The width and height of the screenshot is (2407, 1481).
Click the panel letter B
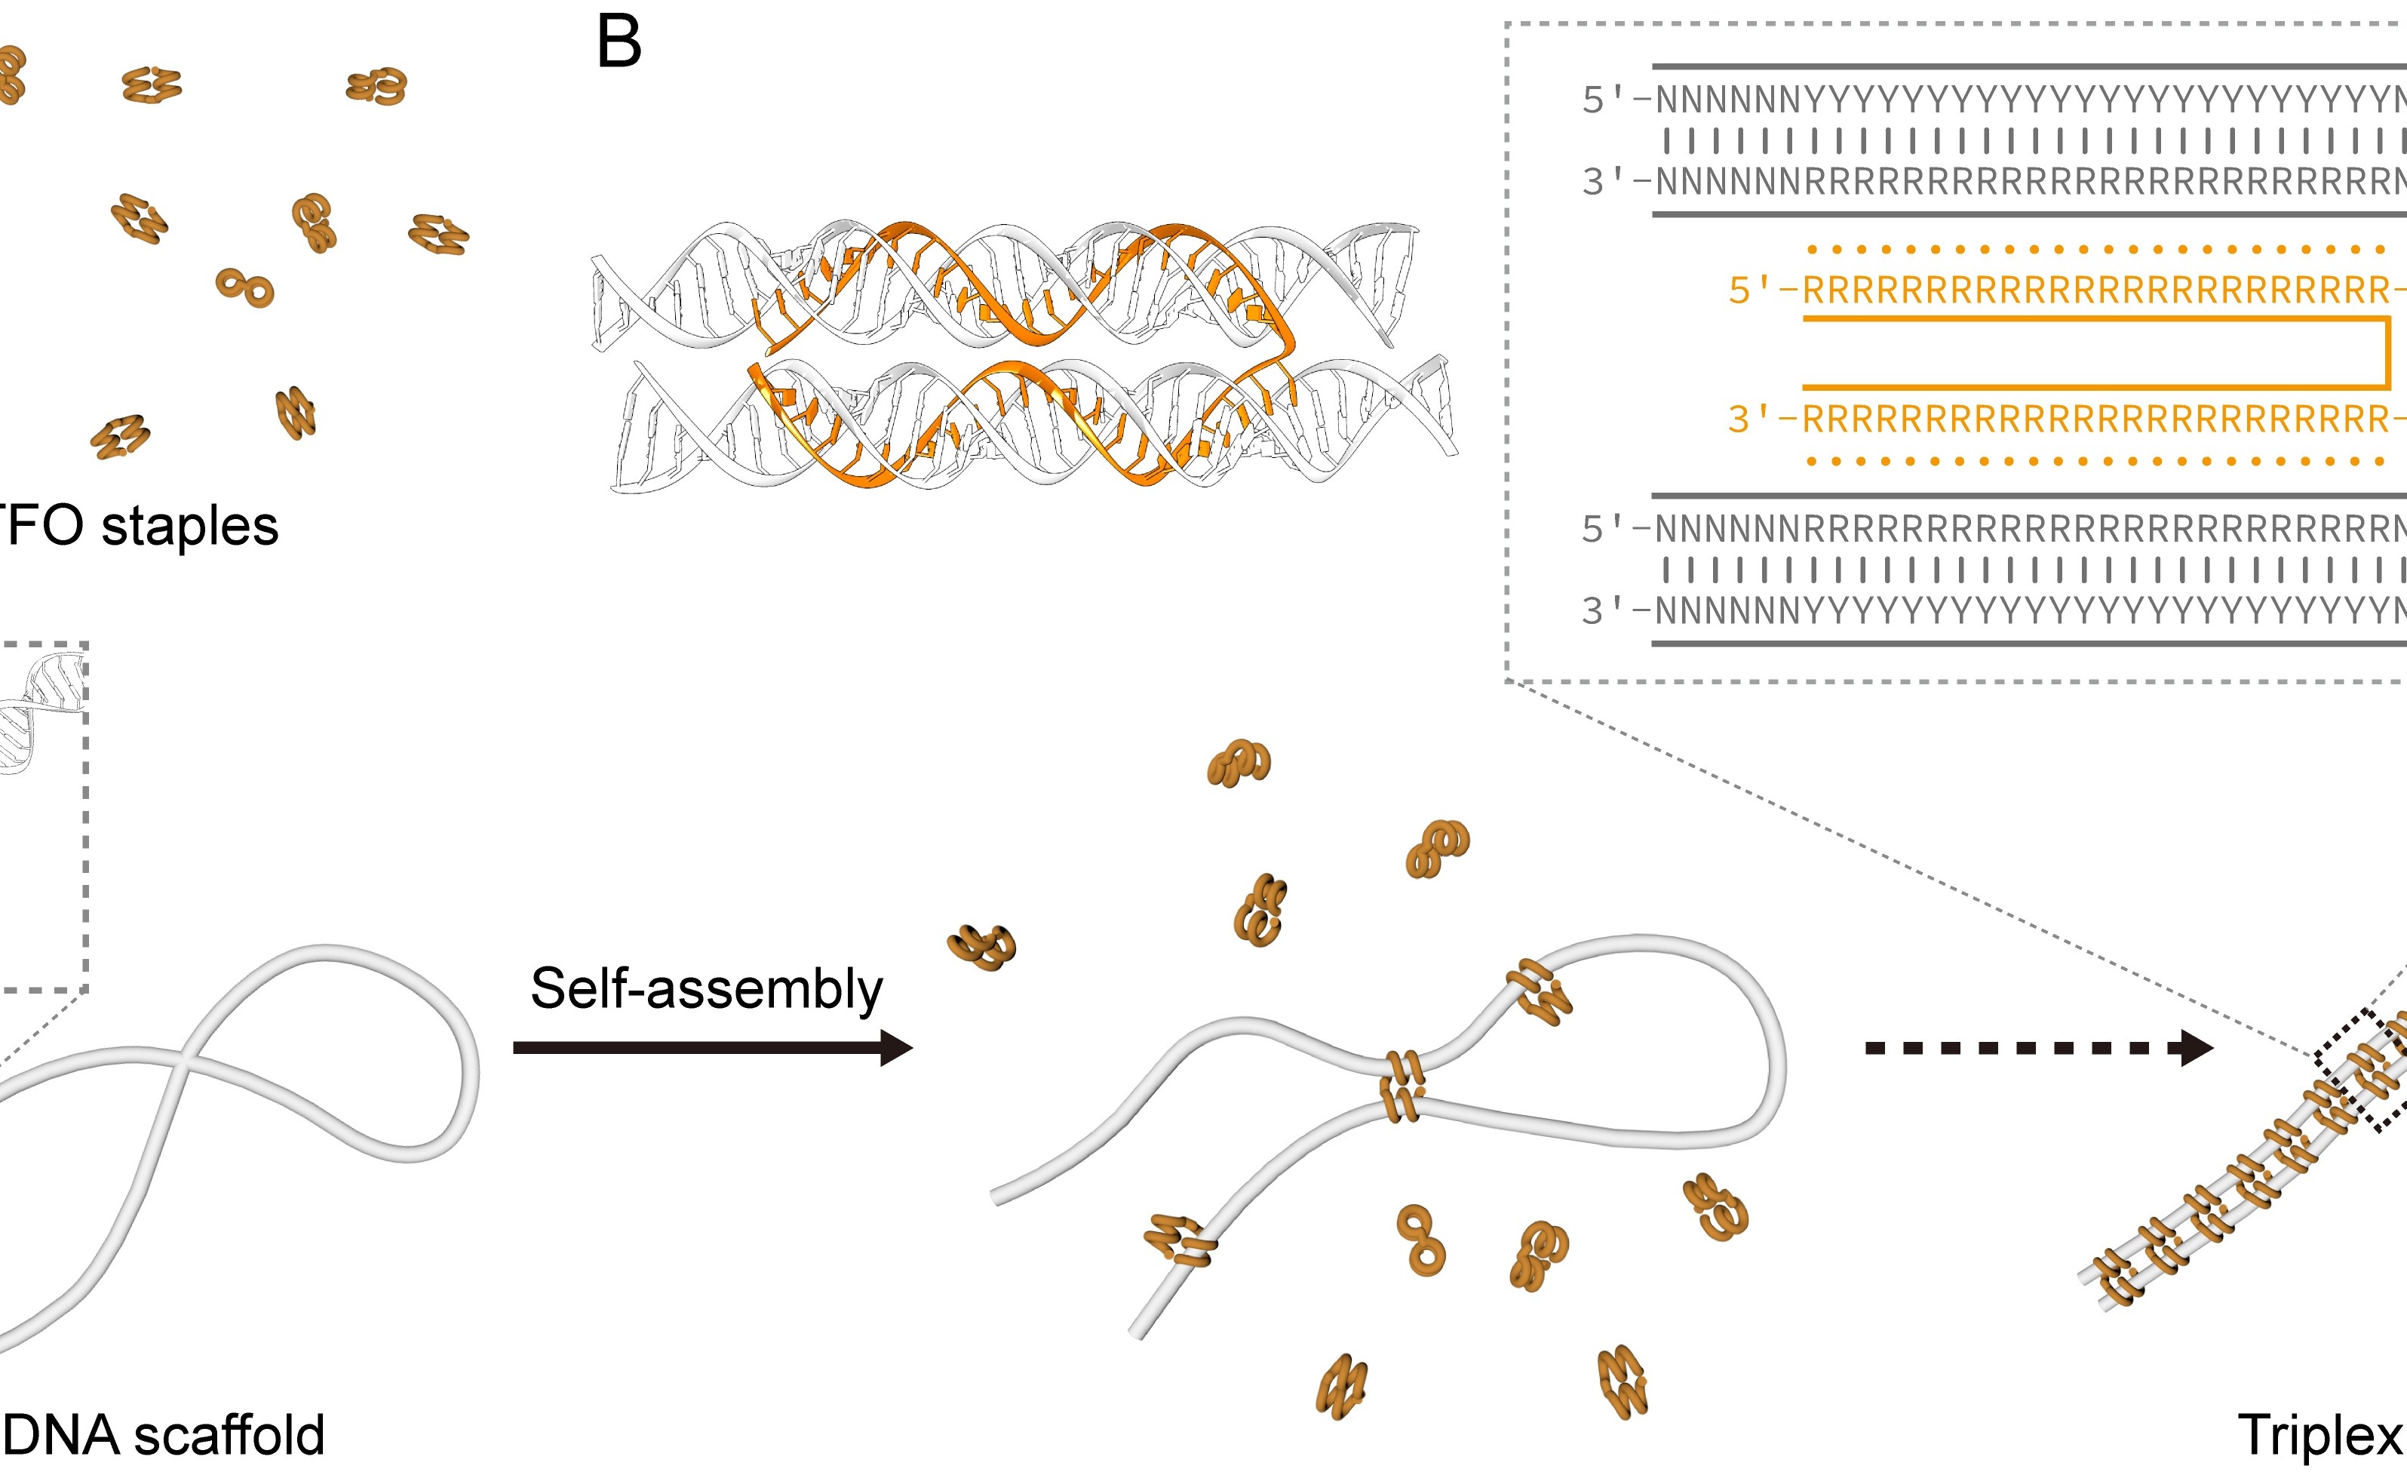pos(619,43)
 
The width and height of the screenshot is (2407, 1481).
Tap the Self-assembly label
pos(706,988)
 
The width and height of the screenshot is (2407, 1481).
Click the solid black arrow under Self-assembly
pos(712,1048)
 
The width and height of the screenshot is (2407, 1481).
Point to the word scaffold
pos(229,1435)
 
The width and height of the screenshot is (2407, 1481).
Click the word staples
pos(190,526)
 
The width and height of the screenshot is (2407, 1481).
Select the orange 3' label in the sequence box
pos(1751,419)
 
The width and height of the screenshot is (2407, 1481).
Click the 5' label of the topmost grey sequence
pos(1605,100)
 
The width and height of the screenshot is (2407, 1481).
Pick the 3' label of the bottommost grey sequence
pos(1605,611)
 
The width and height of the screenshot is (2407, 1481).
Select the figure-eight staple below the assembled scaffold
pos(1422,1240)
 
